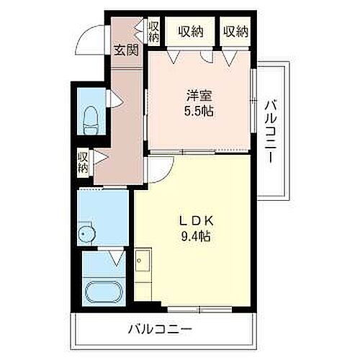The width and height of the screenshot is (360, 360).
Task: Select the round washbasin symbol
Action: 87,234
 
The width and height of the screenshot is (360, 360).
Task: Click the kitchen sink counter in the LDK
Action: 142,274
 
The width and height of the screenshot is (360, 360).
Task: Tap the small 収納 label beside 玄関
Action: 153,32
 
